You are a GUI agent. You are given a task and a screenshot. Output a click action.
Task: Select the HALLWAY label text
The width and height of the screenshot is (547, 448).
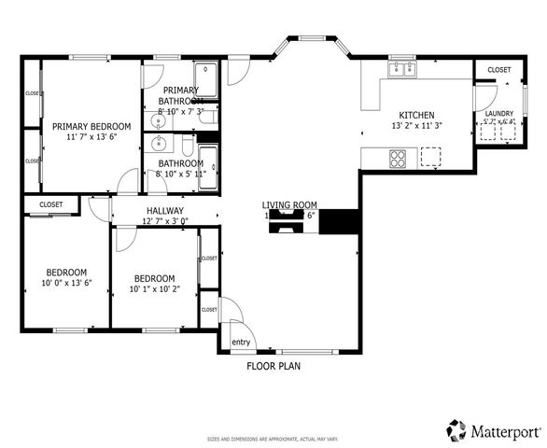tap(164, 211)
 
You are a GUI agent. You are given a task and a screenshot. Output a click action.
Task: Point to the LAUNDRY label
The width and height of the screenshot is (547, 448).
tap(498, 114)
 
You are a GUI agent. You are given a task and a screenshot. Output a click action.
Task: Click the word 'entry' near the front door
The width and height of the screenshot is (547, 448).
tap(241, 343)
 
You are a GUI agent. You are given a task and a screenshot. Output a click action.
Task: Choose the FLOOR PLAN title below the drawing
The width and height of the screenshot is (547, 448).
tap(273, 367)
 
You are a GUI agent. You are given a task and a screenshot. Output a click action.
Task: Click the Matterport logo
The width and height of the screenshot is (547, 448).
tap(494, 430)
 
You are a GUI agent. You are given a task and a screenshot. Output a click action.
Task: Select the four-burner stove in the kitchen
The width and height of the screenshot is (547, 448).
tap(398, 159)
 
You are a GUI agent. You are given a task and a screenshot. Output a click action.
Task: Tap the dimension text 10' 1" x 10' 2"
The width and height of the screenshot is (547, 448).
tap(154, 289)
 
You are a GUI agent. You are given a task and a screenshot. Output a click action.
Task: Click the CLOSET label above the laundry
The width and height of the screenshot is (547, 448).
tap(498, 70)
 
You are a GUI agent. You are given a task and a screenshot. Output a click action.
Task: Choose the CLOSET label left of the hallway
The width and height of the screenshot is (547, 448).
tap(50, 204)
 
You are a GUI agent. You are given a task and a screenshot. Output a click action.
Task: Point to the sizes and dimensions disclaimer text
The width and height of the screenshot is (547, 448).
tap(273, 438)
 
